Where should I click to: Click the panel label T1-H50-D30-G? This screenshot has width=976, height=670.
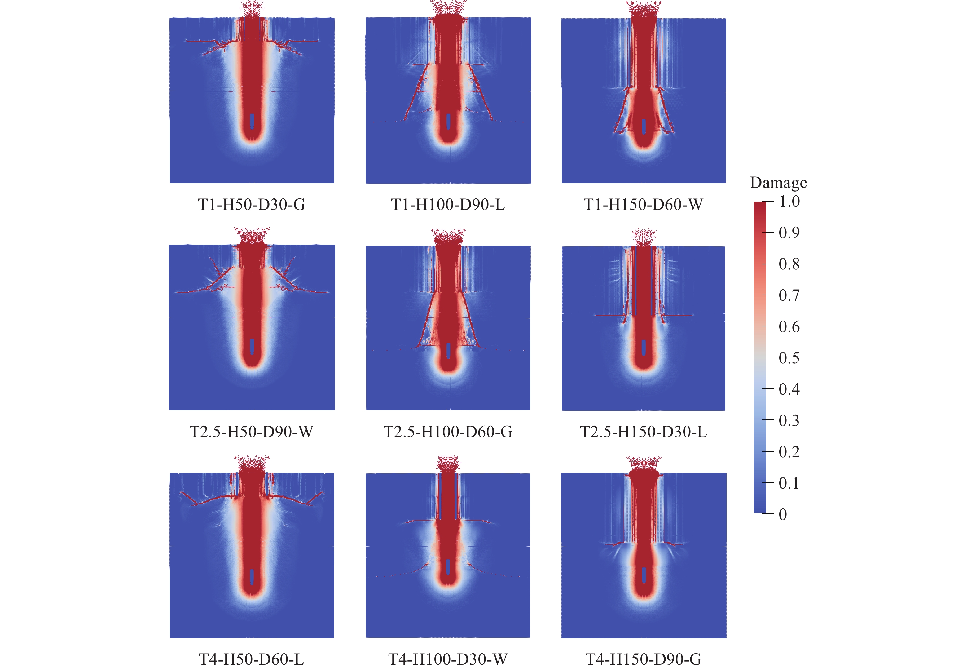pyautogui.click(x=252, y=205)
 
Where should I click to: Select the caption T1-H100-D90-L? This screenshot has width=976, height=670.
pyautogui.click(x=448, y=205)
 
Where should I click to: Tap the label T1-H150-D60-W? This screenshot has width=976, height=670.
pyautogui.click(x=643, y=205)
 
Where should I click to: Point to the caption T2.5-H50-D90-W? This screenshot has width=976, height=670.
pyautogui.click(x=251, y=432)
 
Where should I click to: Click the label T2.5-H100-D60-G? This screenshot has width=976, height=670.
pyautogui.click(x=448, y=432)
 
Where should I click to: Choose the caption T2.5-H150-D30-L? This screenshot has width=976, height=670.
pyautogui.click(x=643, y=432)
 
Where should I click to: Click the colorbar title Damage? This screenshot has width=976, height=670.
pyautogui.click(x=778, y=182)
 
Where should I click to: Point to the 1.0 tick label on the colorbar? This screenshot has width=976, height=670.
pyautogui.click(x=789, y=202)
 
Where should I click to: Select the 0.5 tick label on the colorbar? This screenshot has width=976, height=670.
pyautogui.click(x=789, y=358)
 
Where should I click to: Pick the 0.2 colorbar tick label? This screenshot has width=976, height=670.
pyautogui.click(x=789, y=452)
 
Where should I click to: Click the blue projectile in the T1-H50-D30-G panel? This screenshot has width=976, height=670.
pyautogui.click(x=252, y=122)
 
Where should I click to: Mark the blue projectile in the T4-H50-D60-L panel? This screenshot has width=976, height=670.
pyautogui.click(x=252, y=577)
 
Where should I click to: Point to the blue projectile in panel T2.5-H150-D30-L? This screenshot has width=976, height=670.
pyautogui.click(x=644, y=348)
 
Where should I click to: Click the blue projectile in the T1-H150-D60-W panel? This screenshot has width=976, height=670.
pyautogui.click(x=644, y=126)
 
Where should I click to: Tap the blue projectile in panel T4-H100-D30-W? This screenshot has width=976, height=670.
pyautogui.click(x=448, y=567)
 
